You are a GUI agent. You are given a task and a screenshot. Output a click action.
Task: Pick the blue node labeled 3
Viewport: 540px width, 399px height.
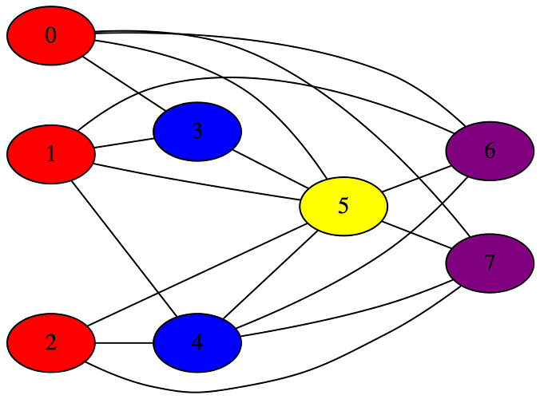coord(197,131)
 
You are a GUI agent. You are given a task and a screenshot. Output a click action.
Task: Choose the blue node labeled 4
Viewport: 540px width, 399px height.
coord(197,344)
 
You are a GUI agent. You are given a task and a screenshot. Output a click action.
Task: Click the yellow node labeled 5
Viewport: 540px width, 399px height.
coord(343,206)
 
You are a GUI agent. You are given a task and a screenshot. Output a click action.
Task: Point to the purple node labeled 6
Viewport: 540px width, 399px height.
coord(490,151)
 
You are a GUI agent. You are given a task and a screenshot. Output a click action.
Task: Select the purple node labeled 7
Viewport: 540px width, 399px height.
coord(490,263)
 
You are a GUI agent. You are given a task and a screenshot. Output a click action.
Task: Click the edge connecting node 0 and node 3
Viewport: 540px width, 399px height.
coord(124,83)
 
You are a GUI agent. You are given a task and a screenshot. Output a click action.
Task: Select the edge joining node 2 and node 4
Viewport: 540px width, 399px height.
coord(124,344)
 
